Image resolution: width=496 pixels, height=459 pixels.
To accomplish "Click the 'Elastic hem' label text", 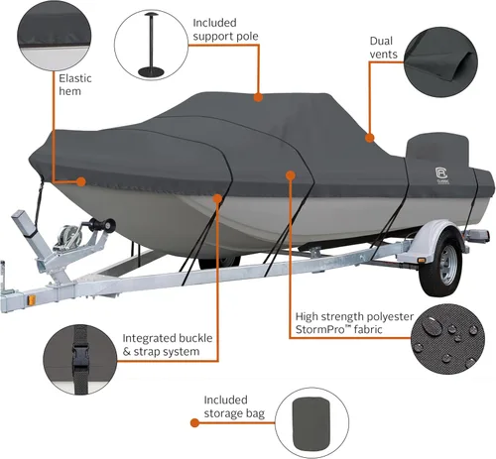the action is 75,84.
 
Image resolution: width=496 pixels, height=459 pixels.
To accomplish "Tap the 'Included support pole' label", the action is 225,30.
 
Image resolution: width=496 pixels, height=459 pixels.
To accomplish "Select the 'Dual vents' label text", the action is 383,48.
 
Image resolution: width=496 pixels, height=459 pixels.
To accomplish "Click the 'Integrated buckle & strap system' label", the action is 168,345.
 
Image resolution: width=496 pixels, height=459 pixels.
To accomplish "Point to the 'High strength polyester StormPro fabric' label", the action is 354,323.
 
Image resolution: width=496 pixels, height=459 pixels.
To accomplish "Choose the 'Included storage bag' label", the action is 234,406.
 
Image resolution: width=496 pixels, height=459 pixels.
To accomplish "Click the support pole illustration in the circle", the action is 152,45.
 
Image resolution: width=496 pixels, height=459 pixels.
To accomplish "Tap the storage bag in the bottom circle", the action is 311,423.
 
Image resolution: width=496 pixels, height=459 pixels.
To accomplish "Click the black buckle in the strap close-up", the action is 79,356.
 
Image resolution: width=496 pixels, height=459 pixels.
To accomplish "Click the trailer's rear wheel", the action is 441,264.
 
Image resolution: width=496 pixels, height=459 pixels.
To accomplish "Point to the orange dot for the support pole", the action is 258,97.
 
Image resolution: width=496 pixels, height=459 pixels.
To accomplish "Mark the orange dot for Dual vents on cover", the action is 370,138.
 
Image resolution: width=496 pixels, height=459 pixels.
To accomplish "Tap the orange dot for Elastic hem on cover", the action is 81,181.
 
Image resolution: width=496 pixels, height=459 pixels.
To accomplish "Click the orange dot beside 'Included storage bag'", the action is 194,422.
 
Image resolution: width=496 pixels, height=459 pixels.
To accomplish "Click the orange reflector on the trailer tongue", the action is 32,300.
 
